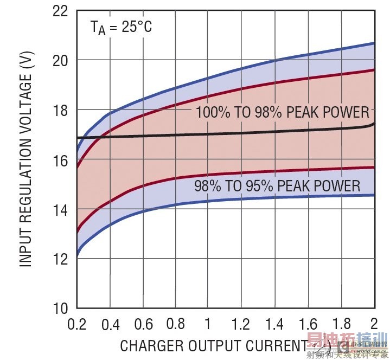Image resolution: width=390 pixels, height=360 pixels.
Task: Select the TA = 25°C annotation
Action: point(122,27)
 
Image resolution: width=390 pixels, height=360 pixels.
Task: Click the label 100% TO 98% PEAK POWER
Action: point(282,113)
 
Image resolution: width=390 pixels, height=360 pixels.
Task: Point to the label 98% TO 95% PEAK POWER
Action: point(277,187)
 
